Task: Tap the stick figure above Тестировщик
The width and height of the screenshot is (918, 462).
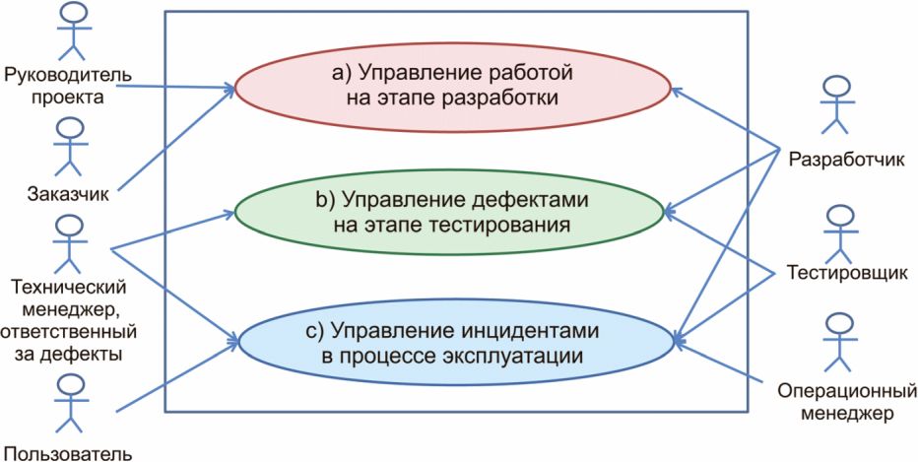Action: coord(839,232)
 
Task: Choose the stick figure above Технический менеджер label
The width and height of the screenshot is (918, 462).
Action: coord(66,242)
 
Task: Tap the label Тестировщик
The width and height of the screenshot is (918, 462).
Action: coord(846,274)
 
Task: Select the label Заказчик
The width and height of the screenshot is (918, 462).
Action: coord(68,193)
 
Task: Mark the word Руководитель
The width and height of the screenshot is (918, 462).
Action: coord(68,75)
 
